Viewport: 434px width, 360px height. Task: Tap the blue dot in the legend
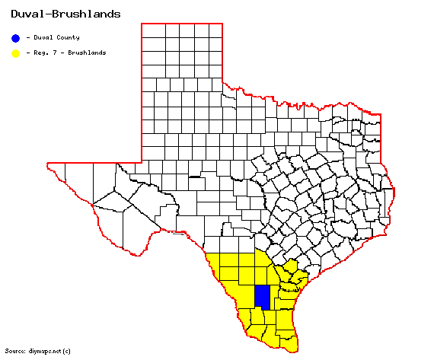[15, 37]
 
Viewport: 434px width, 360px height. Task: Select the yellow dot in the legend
[15, 53]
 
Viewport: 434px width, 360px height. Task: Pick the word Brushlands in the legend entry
[88, 53]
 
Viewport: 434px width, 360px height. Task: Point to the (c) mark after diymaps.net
[66, 351]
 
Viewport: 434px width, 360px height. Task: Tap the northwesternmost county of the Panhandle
[151, 30]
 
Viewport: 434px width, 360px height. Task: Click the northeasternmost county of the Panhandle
[215, 30]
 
